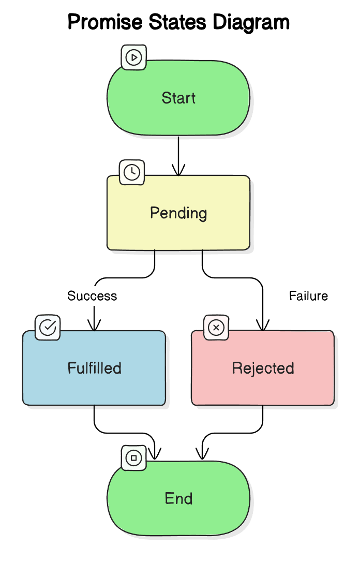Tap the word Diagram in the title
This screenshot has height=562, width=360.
coord(252,22)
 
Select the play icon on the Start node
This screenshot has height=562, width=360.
coord(134,57)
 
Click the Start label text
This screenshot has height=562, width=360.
coord(178,98)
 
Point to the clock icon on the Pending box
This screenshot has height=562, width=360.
coord(132,172)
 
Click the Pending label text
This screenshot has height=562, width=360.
coord(178,213)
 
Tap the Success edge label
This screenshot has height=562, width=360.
coord(92,296)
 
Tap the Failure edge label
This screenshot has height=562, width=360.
coord(308,296)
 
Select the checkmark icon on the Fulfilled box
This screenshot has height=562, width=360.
coord(48,328)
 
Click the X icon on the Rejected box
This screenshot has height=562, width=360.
coord(216,328)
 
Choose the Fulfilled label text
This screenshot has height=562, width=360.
coord(94,368)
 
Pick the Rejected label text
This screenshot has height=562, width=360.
coord(263,368)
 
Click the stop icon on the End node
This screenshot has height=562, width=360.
coord(134,458)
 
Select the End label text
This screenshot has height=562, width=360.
coord(178,498)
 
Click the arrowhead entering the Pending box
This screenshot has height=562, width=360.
coord(178,171)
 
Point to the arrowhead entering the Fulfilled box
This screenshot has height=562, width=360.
coord(94,326)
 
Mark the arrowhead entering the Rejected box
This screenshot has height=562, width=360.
coord(263,326)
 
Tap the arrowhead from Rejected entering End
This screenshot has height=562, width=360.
coord(202,455)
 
